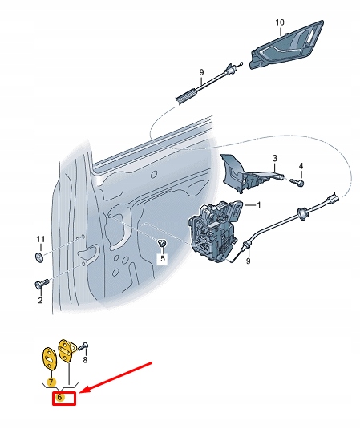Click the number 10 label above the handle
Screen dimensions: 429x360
coord(280,22)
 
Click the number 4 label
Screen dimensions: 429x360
coord(301,168)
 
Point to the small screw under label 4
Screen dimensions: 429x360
coord(298,184)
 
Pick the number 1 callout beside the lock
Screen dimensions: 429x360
coord(258,205)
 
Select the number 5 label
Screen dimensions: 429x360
coord(161,258)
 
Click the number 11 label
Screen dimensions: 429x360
coord(40,240)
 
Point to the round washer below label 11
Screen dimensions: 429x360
coord(40,257)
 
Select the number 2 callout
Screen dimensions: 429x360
coord(40,301)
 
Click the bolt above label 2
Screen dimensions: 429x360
coord(41,284)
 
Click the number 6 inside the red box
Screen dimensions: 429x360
coord(60,397)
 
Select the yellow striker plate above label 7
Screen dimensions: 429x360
coord(49,355)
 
